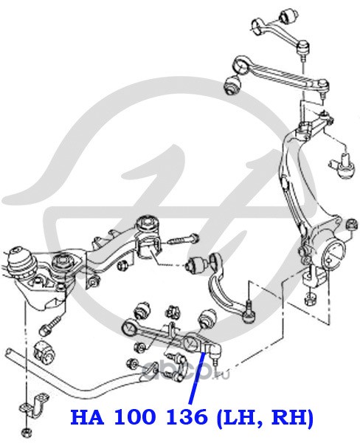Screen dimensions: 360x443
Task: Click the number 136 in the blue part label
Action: [187, 416]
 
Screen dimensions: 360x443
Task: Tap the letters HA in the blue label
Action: [87, 416]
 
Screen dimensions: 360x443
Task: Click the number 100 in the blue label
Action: [134, 416]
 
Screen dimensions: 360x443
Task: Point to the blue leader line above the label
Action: [196, 377]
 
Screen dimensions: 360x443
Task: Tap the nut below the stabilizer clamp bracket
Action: [27, 431]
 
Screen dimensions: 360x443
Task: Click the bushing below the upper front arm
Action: [232, 84]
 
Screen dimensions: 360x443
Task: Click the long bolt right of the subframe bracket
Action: [184, 240]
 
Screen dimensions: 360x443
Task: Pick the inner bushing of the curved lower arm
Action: [198, 264]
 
